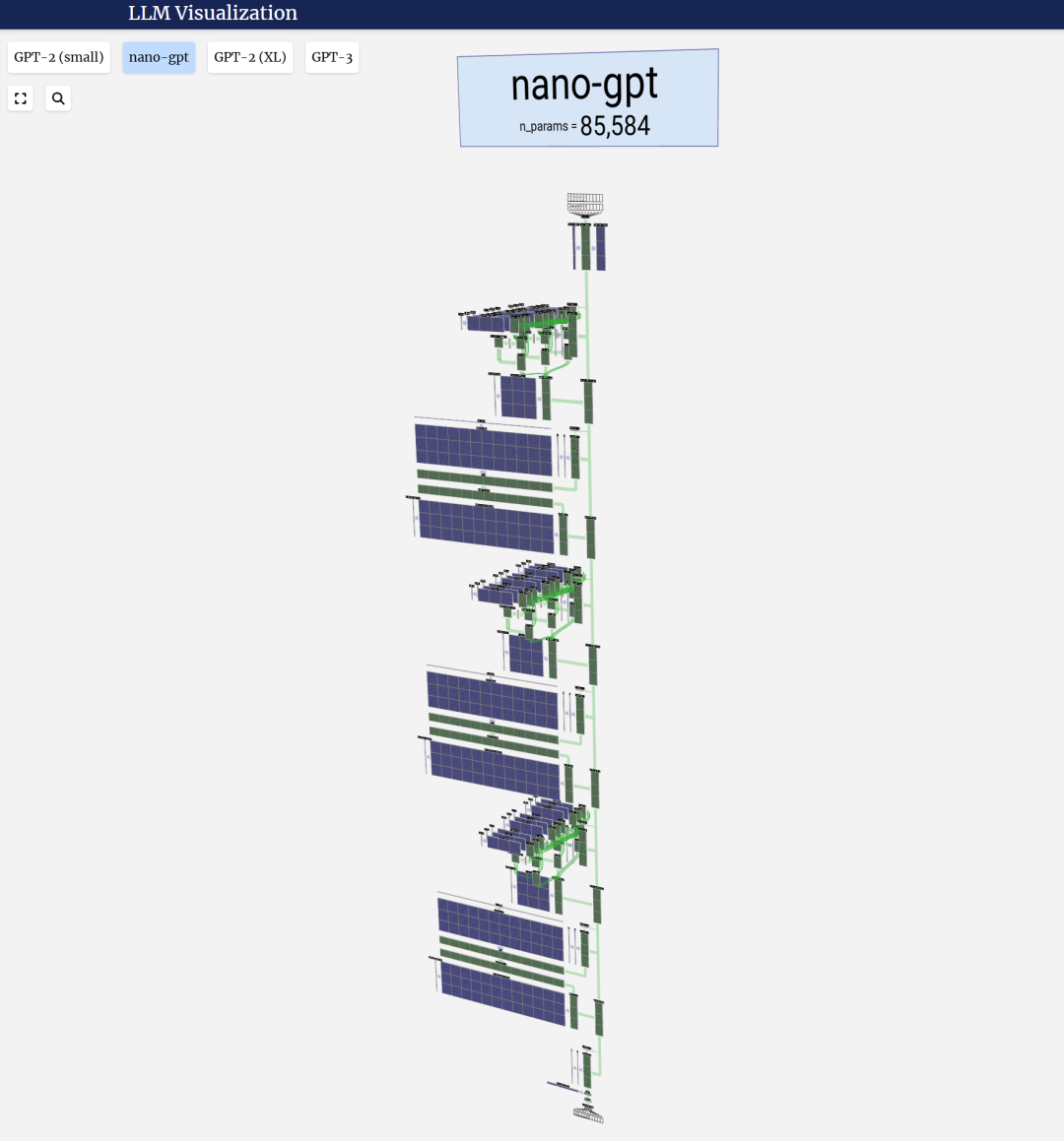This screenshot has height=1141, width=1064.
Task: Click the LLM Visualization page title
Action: [x=213, y=14]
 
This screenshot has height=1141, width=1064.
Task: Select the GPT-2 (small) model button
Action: [x=59, y=57]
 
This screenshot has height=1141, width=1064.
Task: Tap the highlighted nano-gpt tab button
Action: [x=159, y=57]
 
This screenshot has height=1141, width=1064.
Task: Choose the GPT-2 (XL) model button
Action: [x=250, y=57]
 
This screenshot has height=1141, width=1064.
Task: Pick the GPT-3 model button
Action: [x=332, y=57]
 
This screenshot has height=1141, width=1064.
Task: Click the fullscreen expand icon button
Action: [x=21, y=98]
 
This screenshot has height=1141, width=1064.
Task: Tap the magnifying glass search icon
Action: [x=58, y=98]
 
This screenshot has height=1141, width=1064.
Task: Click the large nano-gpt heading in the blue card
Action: [x=584, y=86]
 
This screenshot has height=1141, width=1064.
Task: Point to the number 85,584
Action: [x=615, y=126]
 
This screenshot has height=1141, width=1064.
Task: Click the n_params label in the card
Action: [x=544, y=127]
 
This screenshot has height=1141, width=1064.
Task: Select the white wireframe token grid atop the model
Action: [x=585, y=204]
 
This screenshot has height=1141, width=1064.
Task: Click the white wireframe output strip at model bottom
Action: [x=588, y=1115]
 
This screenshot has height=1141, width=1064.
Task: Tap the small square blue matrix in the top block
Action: [x=518, y=397]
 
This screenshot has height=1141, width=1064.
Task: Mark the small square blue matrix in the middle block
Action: [x=526, y=655]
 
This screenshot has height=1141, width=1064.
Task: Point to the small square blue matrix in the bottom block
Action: [x=533, y=892]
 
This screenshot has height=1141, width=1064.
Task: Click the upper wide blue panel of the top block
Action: [x=484, y=450]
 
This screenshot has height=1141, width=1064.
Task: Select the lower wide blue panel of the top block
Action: [x=487, y=527]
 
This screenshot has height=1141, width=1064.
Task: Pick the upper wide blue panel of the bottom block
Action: [x=501, y=929]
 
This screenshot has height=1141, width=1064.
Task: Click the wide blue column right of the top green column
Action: [x=601, y=248]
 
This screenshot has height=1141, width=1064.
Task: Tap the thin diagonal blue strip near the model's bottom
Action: [x=563, y=1087]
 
